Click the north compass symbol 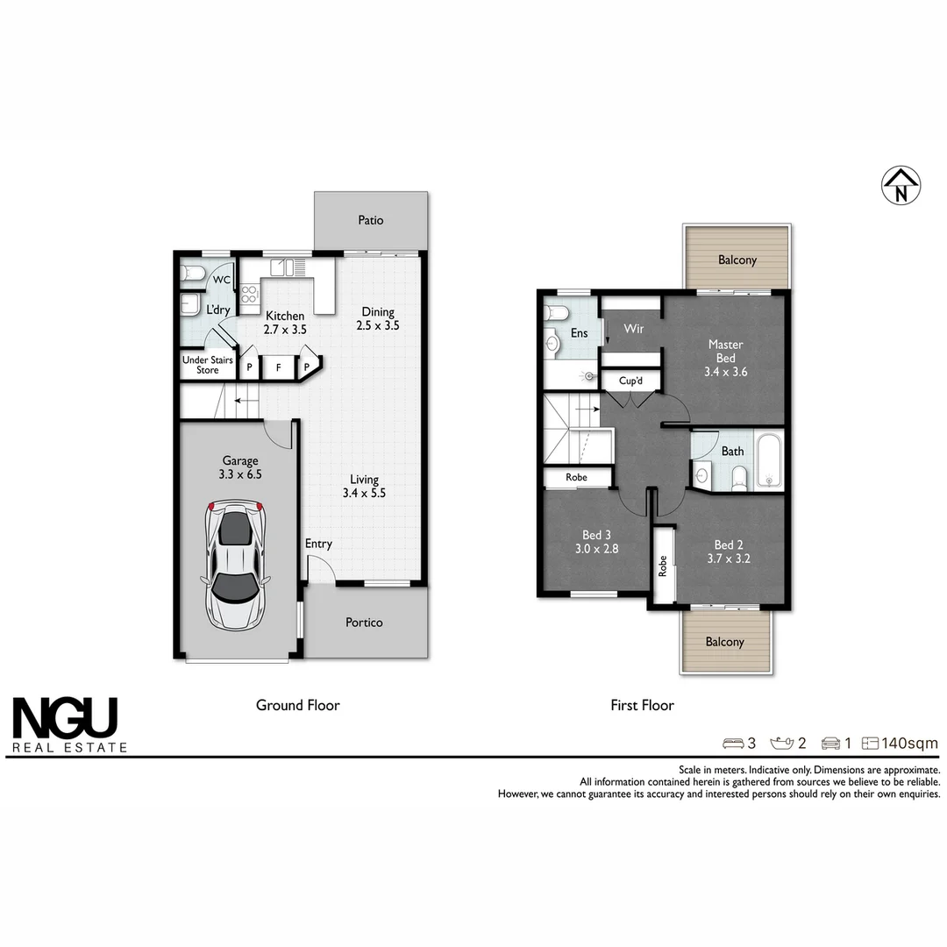(901, 186)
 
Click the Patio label (370, 220)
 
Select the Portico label (364, 623)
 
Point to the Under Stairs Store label (208, 365)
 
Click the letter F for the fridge (278, 367)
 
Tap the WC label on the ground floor (222, 280)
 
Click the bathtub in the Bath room (768, 460)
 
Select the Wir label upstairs (634, 329)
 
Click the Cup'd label (631, 381)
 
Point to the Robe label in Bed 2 (663, 566)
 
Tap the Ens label (579, 333)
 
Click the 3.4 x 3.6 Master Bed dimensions (725, 371)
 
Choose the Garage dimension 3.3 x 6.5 (240, 474)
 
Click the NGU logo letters (64, 718)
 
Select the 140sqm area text (909, 744)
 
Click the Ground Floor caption (297, 705)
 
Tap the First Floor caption (642, 705)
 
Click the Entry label (318, 544)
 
